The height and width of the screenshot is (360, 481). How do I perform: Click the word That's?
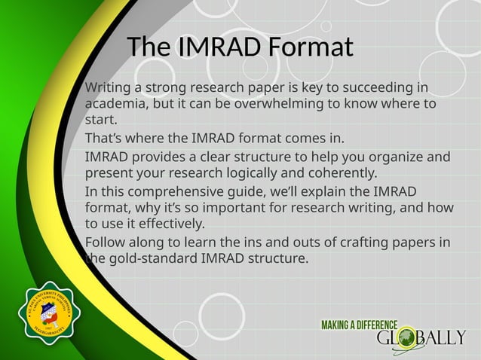click(105, 139)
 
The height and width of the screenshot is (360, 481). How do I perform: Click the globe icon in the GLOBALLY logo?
click(407, 337)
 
